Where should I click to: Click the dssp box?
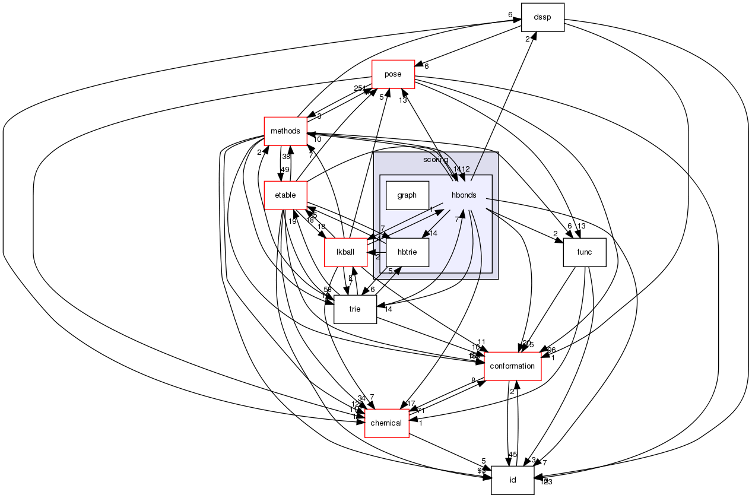coord(542,17)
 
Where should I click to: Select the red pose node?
coord(393,74)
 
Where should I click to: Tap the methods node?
coord(285,131)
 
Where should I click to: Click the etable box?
coord(285,195)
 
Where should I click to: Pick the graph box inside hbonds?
coord(407,195)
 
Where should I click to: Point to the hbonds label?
coord(464,195)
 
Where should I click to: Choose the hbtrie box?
coord(407,252)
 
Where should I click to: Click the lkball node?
coord(345,252)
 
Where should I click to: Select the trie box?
coord(355,309)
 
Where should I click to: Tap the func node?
coord(584,252)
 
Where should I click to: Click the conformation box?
coord(513,366)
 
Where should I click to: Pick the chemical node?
coord(386,423)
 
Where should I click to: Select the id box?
coord(513,480)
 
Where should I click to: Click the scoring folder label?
coord(436,160)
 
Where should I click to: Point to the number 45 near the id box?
coord(513,455)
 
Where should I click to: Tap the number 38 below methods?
coord(286,157)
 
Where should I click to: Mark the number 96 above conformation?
coord(551,350)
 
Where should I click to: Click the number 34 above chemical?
coord(361,398)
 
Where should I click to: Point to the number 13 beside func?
coord(581,226)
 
